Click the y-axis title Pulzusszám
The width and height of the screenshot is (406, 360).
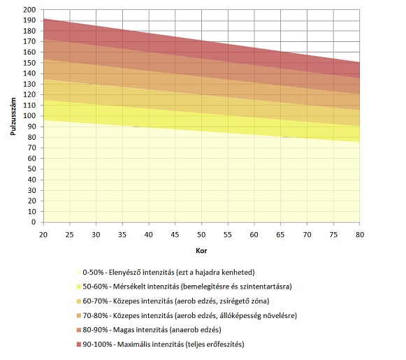click(x=13, y=116)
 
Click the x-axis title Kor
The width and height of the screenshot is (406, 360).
click(x=201, y=251)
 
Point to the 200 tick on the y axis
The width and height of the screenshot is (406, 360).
click(x=29, y=10)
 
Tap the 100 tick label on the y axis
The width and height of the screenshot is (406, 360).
click(x=29, y=116)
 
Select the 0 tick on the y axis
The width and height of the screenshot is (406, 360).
click(x=34, y=222)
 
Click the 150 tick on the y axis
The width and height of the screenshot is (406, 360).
click(x=29, y=63)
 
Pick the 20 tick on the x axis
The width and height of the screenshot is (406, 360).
click(x=43, y=235)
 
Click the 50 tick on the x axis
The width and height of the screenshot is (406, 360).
click(x=201, y=235)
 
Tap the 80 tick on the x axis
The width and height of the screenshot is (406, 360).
click(x=360, y=235)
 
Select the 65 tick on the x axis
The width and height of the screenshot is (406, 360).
click(x=280, y=235)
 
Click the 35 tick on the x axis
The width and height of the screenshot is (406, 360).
click(x=122, y=235)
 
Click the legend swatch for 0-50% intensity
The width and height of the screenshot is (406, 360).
click(x=79, y=273)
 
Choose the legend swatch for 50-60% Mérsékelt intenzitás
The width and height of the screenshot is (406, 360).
click(x=79, y=287)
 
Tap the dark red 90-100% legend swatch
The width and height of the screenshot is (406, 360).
click(x=79, y=345)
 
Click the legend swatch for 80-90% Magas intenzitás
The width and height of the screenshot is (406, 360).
click(x=79, y=330)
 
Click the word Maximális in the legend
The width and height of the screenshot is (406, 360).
click(x=133, y=344)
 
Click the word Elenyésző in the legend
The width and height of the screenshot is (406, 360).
click(x=125, y=273)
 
